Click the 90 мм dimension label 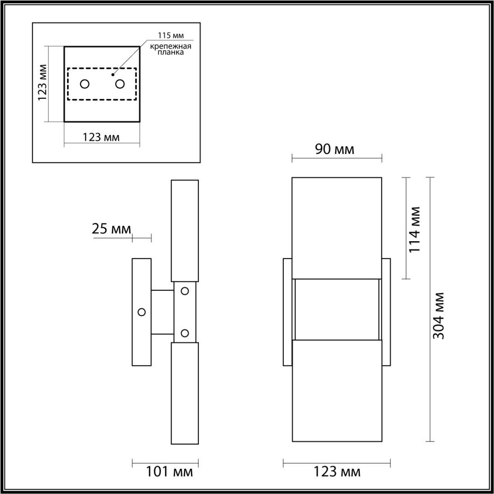click(335, 149)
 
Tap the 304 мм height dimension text click(440, 316)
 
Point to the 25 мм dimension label click(111, 229)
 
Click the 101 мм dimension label click(169, 472)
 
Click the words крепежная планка click(170, 50)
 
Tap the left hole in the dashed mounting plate click(85, 84)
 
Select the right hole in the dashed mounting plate click(120, 84)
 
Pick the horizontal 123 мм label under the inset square click(101, 137)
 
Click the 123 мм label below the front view click(337, 472)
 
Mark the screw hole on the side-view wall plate click(142, 312)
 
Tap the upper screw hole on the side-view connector click(185, 291)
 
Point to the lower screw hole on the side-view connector click(185, 333)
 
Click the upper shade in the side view click(185, 231)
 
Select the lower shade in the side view click(185, 393)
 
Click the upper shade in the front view click(337, 228)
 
